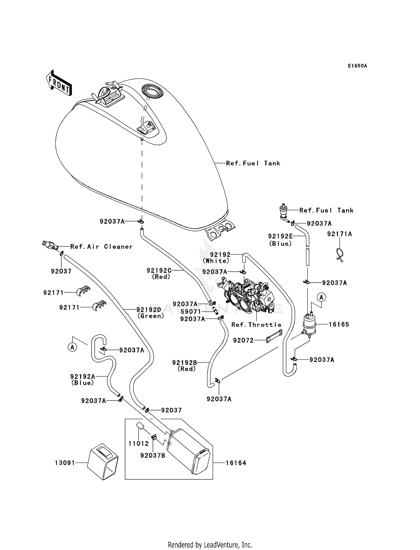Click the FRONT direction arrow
[x=59, y=83]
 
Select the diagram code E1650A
[x=357, y=66]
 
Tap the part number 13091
[x=65, y=463]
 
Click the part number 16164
[x=236, y=463]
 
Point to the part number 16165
[x=339, y=325]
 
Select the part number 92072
[x=243, y=340]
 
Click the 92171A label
[x=339, y=234]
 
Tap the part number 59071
[x=191, y=312]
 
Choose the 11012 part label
[x=139, y=443]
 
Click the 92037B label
[x=153, y=456]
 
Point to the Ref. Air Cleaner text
[x=101, y=247]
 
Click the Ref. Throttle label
[x=256, y=325]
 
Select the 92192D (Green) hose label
[x=151, y=313]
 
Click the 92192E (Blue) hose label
[x=281, y=240]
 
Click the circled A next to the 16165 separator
[x=321, y=297]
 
